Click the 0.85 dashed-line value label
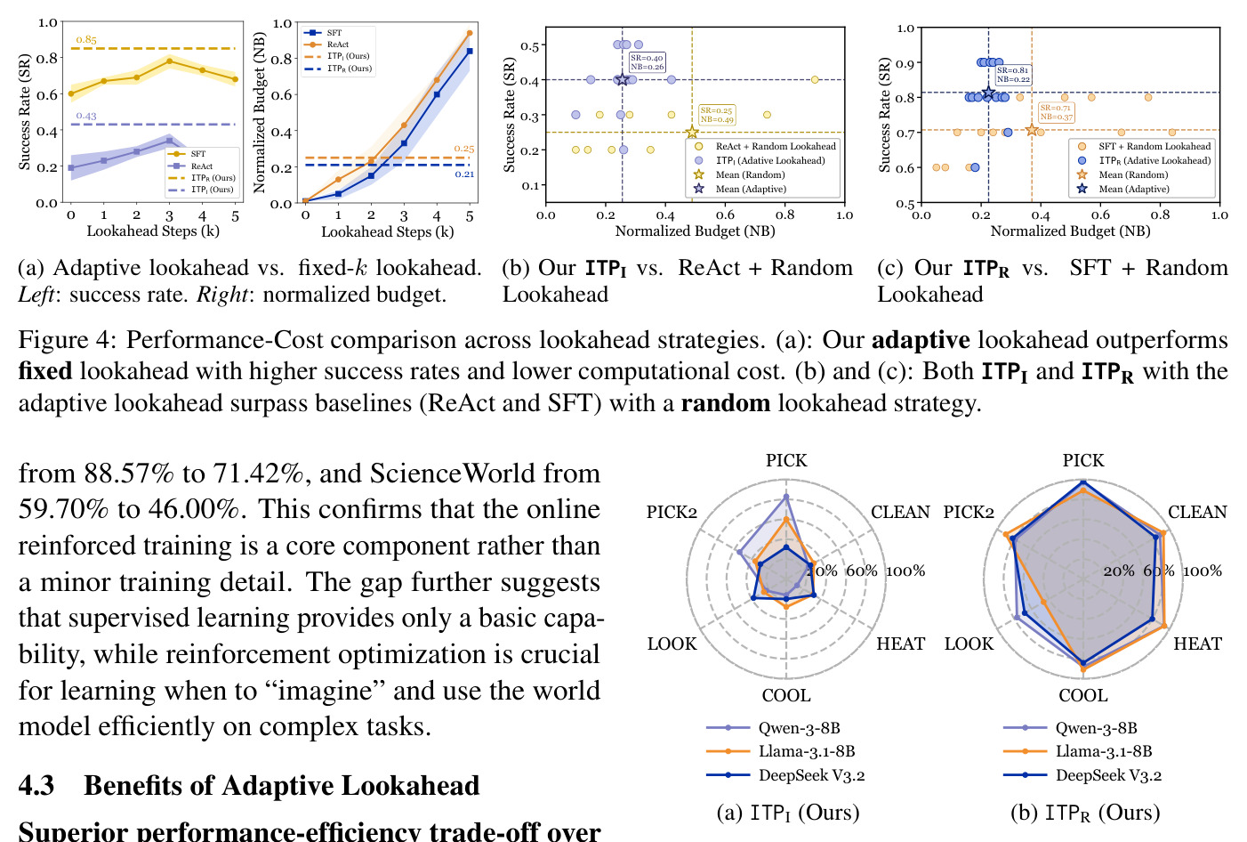[86, 39]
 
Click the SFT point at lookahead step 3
[170, 61]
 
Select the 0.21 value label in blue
[464, 174]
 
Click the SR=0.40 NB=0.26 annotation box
[647, 62]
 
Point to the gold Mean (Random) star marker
[692, 133]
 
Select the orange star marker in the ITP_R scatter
[1032, 130]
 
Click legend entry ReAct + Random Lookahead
[768, 147]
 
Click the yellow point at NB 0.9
[815, 80]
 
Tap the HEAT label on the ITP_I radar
[901, 644]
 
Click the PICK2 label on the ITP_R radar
[969, 512]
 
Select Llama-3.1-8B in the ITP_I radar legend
[807, 751]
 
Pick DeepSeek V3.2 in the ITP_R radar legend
[1108, 775]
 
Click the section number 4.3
[36, 786]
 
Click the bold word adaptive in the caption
[921, 341]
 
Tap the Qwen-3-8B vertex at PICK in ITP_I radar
[786, 496]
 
